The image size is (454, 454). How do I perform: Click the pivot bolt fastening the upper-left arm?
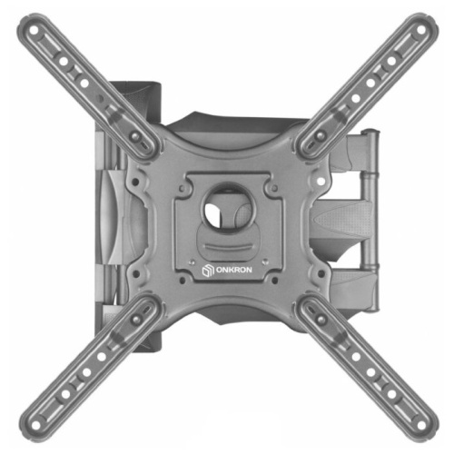136,136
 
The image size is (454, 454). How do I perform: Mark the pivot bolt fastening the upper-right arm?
317,137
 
